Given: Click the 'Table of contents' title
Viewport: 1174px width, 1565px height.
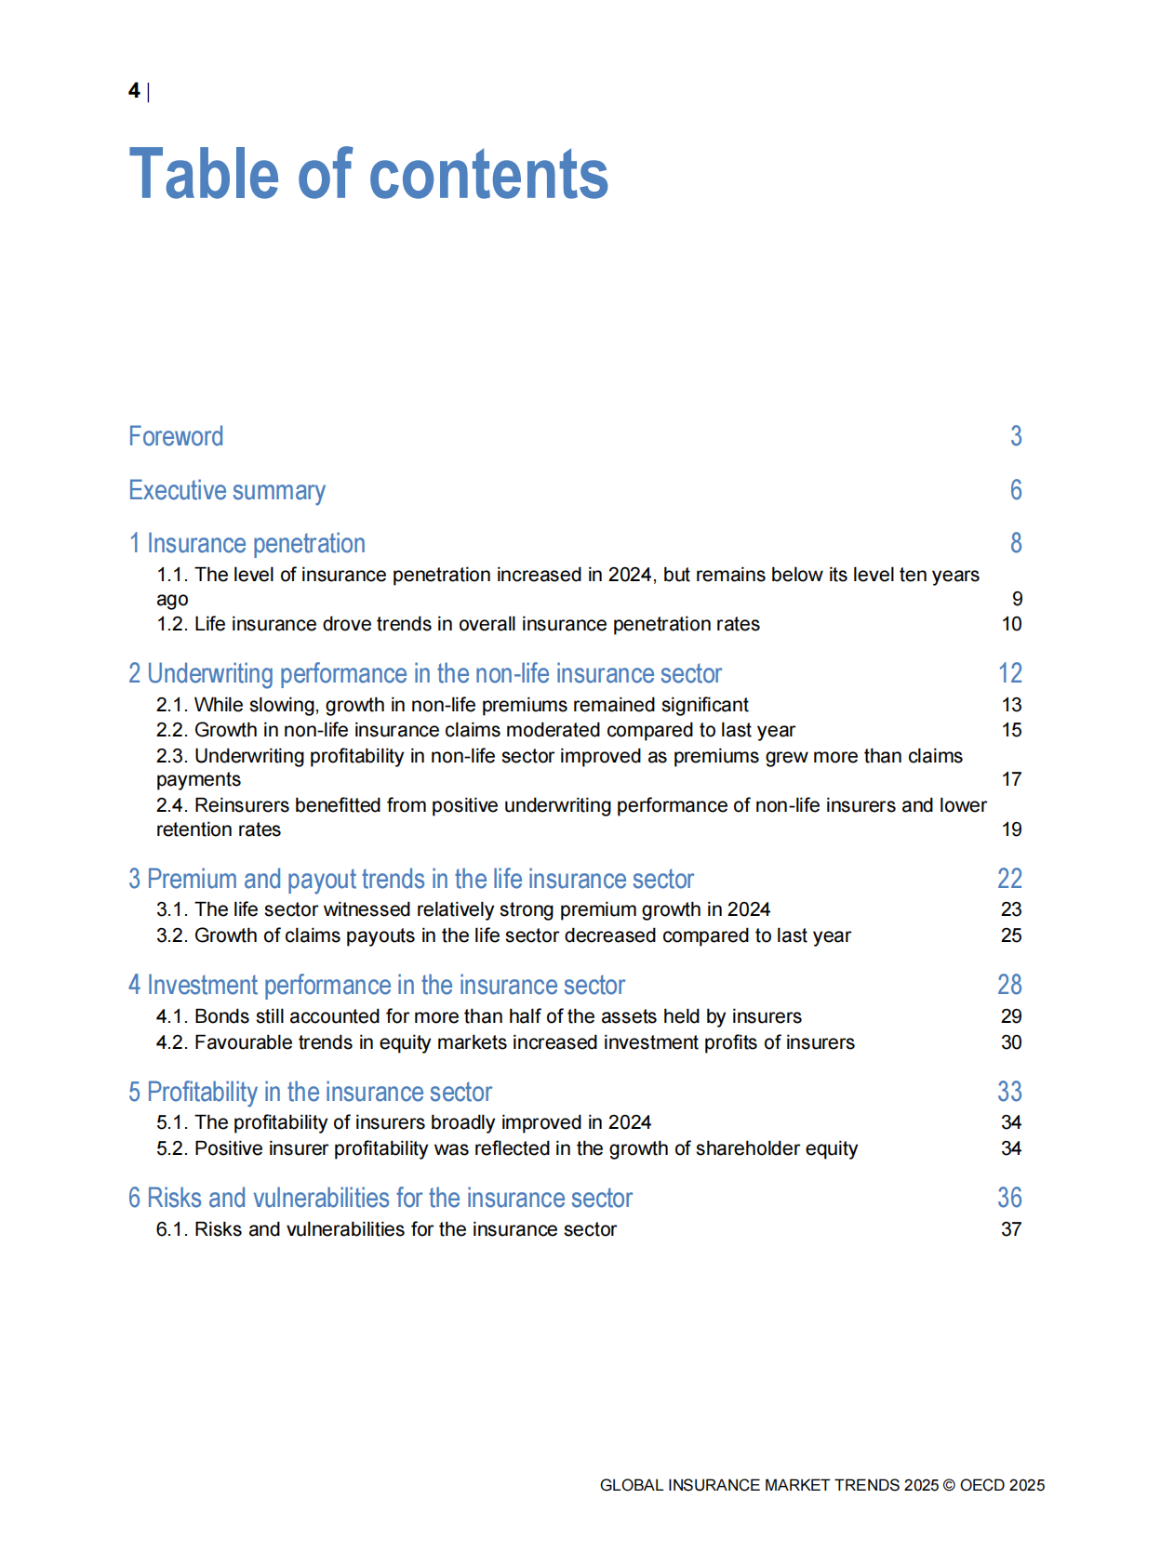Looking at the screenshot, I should (x=368, y=174).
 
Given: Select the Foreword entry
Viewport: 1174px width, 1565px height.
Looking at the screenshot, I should (x=176, y=436).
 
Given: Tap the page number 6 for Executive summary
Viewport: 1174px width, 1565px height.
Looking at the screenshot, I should (x=1016, y=490).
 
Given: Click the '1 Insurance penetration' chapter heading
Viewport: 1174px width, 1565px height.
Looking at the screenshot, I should (x=247, y=543).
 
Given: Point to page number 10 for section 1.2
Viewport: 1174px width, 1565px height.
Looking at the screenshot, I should (x=1011, y=624).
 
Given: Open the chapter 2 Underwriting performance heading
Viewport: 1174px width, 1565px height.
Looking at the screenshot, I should (x=425, y=673).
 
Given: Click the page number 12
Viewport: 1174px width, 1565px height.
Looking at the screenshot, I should (x=1010, y=673).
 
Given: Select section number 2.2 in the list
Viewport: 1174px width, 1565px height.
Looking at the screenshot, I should (x=171, y=730).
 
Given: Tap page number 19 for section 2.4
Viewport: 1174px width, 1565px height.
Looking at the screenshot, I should (x=1011, y=829).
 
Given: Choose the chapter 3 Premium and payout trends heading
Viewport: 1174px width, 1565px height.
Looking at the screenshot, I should (x=411, y=879).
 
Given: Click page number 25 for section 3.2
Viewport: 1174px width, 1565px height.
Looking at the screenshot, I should (x=1011, y=935).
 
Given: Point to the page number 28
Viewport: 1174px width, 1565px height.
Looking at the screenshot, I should (x=1010, y=985).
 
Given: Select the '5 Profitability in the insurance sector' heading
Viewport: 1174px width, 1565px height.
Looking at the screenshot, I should (x=310, y=1092).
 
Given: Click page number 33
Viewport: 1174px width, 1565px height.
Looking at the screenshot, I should (x=1010, y=1092).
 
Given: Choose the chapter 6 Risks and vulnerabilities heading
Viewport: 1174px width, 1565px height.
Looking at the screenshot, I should (x=380, y=1198).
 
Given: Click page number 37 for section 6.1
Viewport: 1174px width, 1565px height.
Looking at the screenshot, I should (x=1011, y=1229).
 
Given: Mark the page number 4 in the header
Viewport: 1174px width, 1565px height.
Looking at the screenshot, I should (x=134, y=90).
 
